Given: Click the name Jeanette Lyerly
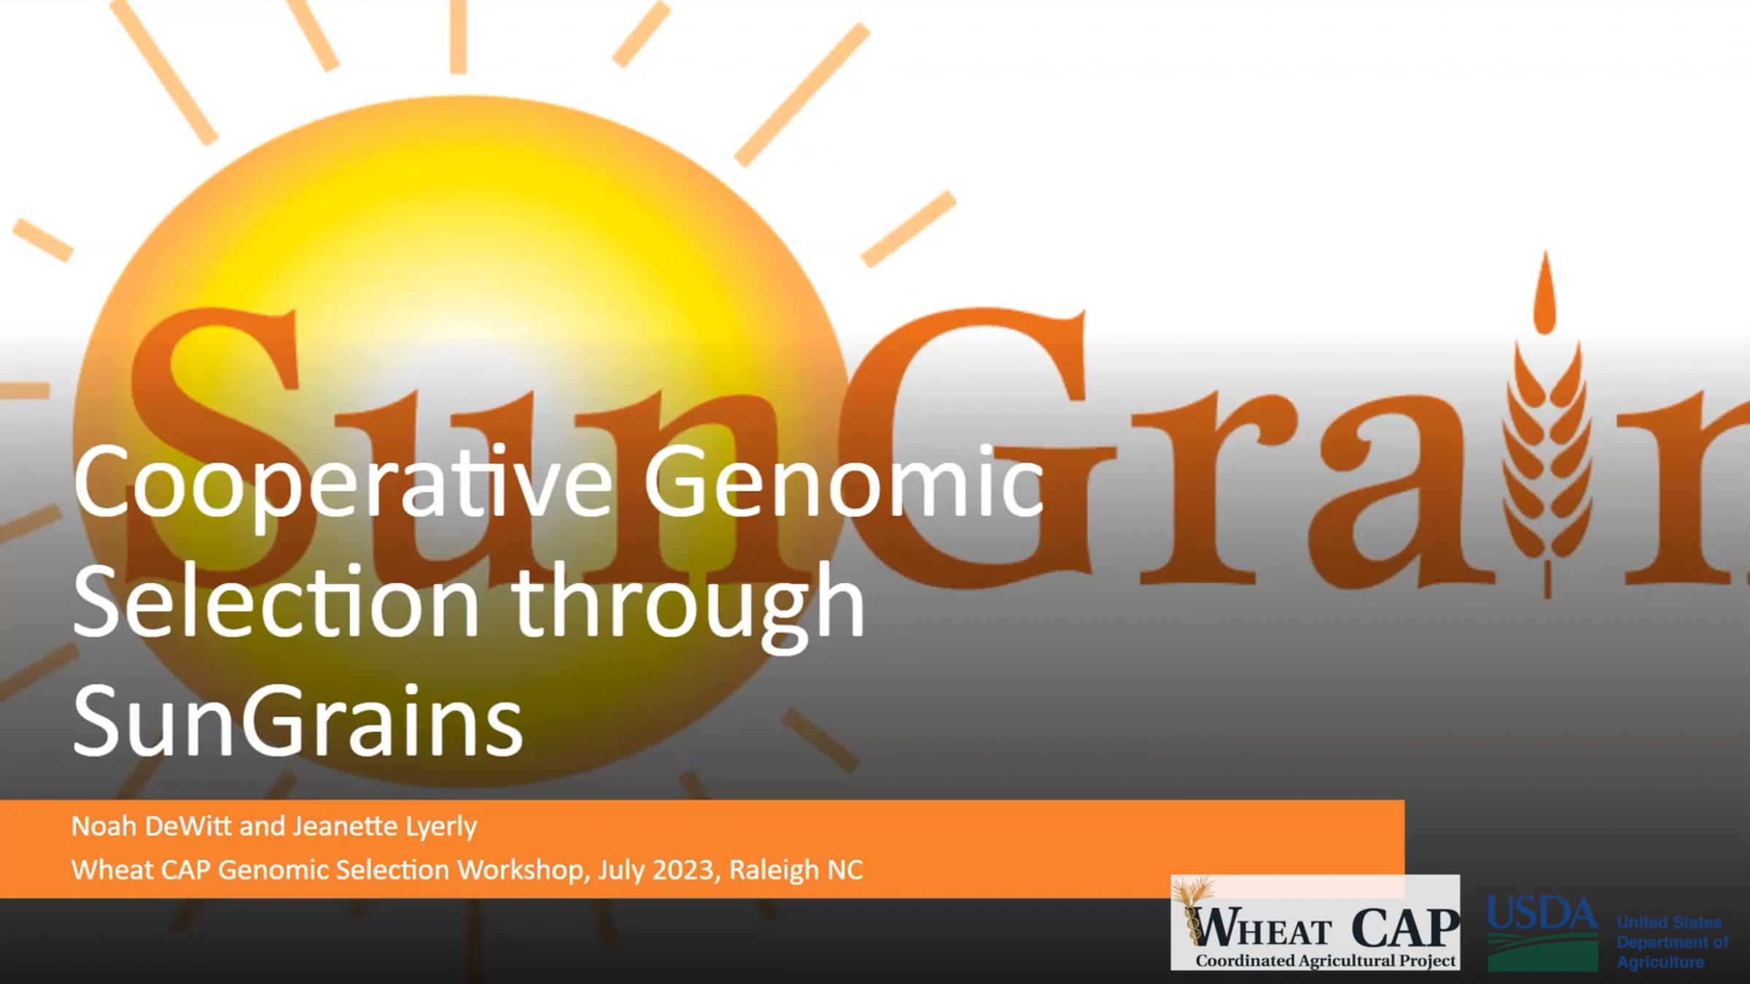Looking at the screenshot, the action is (385, 827).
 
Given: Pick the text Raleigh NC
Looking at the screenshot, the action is (796, 870).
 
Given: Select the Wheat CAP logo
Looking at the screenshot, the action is (1315, 923).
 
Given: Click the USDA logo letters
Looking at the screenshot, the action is (1541, 914).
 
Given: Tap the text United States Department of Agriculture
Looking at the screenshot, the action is (1671, 942).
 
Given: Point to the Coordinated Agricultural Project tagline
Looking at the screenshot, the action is (1325, 961).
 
